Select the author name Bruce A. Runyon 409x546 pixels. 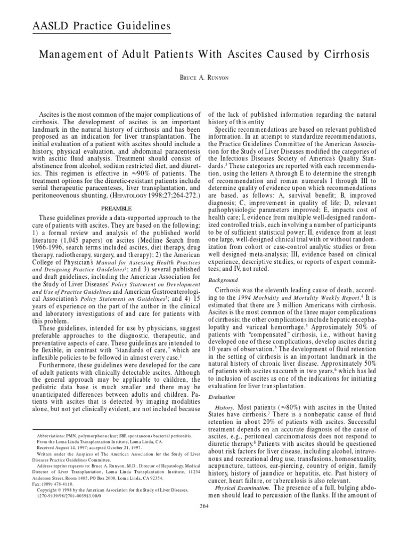(204, 78)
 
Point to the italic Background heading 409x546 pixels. (223, 279)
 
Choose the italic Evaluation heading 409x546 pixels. (220, 397)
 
